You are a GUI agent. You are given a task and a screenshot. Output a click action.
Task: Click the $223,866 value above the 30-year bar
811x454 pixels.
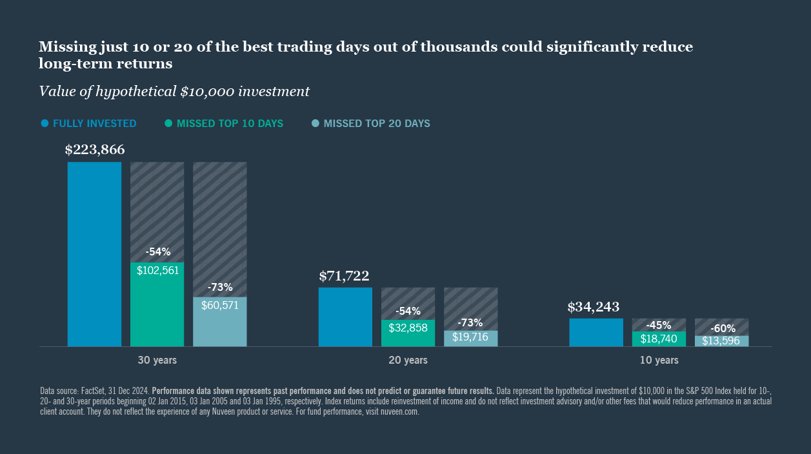(x=95, y=150)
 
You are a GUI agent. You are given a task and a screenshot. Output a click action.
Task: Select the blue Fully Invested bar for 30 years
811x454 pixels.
(x=94, y=254)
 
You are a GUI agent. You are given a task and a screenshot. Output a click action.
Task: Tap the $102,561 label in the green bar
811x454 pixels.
(x=157, y=271)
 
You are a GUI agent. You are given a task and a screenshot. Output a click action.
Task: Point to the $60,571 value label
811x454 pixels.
(x=220, y=306)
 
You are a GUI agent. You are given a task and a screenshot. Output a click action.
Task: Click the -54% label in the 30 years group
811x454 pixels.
(x=157, y=252)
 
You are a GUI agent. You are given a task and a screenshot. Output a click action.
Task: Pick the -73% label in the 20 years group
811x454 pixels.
(x=470, y=322)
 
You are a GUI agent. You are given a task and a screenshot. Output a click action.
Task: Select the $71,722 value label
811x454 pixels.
(x=344, y=277)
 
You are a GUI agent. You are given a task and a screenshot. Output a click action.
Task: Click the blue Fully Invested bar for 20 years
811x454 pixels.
(x=345, y=317)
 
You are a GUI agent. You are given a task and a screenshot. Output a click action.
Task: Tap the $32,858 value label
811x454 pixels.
(x=408, y=328)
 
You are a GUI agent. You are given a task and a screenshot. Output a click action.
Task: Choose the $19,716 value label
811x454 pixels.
(x=470, y=337)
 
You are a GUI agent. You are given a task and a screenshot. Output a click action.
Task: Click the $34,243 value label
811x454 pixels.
(x=594, y=308)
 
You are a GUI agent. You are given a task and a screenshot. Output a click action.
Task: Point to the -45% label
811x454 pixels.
(x=659, y=326)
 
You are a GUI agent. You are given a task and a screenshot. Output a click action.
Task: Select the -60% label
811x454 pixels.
(x=722, y=328)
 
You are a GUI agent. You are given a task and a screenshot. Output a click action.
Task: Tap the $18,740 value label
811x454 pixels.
(x=659, y=339)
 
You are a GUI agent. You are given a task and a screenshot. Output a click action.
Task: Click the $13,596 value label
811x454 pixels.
(x=721, y=341)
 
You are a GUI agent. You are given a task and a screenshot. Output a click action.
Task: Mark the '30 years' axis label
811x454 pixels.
(x=157, y=360)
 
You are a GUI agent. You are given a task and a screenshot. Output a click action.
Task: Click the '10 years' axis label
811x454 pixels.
(x=659, y=360)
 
